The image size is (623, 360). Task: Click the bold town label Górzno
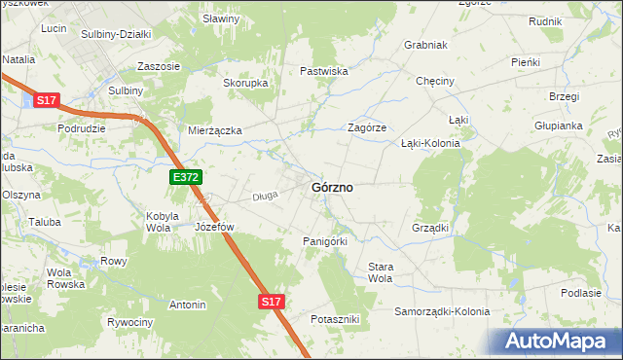(x=332, y=187)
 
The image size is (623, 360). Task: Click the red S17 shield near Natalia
(x=48, y=99)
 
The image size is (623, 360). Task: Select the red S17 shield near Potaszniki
(x=272, y=303)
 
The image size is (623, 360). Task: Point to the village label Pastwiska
(x=324, y=71)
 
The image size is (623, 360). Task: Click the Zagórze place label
(x=368, y=127)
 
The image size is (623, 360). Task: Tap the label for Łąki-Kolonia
(x=430, y=142)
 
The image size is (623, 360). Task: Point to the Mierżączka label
(x=214, y=129)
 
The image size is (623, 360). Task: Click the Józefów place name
(x=215, y=227)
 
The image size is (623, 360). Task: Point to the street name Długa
(x=267, y=196)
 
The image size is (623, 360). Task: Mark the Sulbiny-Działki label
(x=116, y=34)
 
